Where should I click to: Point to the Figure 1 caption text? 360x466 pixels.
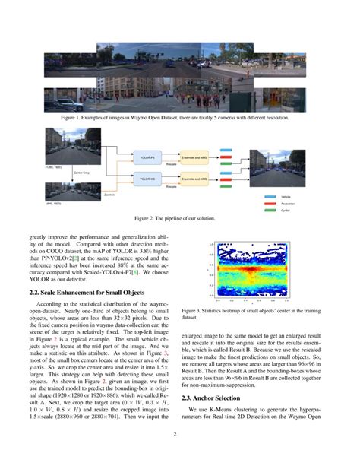(x=179, y=118)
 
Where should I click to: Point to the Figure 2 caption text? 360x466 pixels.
(x=179, y=218)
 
